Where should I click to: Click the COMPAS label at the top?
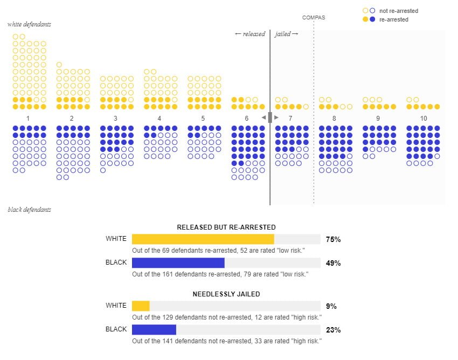pyautogui.click(x=314, y=17)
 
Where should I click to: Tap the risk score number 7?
pyautogui.click(x=290, y=118)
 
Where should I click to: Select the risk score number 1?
pyautogui.click(x=28, y=118)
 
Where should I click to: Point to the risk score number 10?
pyautogui.click(x=424, y=118)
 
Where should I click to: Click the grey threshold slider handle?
pyautogui.click(x=270, y=117)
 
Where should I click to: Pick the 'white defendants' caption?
pyautogui.click(x=30, y=24)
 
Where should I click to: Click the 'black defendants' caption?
pyautogui.click(x=30, y=209)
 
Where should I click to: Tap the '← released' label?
pyautogui.click(x=250, y=34)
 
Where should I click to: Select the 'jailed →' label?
pyautogui.click(x=287, y=34)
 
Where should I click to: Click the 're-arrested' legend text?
pyautogui.click(x=394, y=19)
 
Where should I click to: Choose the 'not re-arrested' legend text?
pyautogui.click(x=399, y=11)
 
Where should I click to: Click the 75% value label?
pyautogui.click(x=334, y=239)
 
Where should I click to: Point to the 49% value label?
pyautogui.click(x=334, y=263)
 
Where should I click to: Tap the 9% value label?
pyautogui.click(x=331, y=306)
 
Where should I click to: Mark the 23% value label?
pyautogui.click(x=334, y=330)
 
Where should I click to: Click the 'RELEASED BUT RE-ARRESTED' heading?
pyautogui.click(x=226, y=227)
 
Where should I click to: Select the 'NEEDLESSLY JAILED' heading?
pyautogui.click(x=226, y=294)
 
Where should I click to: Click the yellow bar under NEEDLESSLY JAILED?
pyautogui.click(x=141, y=306)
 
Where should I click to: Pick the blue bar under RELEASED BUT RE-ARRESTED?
pyautogui.click(x=178, y=263)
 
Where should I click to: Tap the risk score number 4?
pyautogui.click(x=159, y=118)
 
